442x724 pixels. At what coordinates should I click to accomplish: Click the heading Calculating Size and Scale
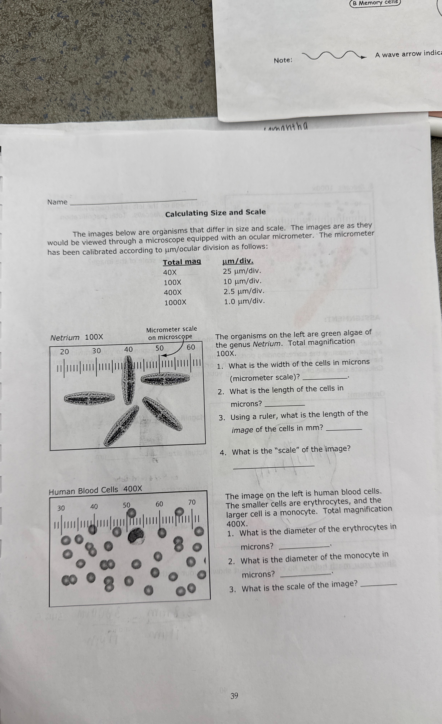coord(215,213)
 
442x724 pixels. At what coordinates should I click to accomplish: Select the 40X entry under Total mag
coord(170,272)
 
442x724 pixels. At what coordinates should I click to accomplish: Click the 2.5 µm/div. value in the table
coord(244,291)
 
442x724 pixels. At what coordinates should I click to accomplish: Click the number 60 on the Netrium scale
coord(191,347)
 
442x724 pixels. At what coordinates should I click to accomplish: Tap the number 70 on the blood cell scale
coord(192,502)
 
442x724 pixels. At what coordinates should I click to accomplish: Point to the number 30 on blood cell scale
coord(61,508)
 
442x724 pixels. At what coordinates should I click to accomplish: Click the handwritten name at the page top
coord(286,127)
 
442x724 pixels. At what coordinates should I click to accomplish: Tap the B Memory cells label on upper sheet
coord(375,3)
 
